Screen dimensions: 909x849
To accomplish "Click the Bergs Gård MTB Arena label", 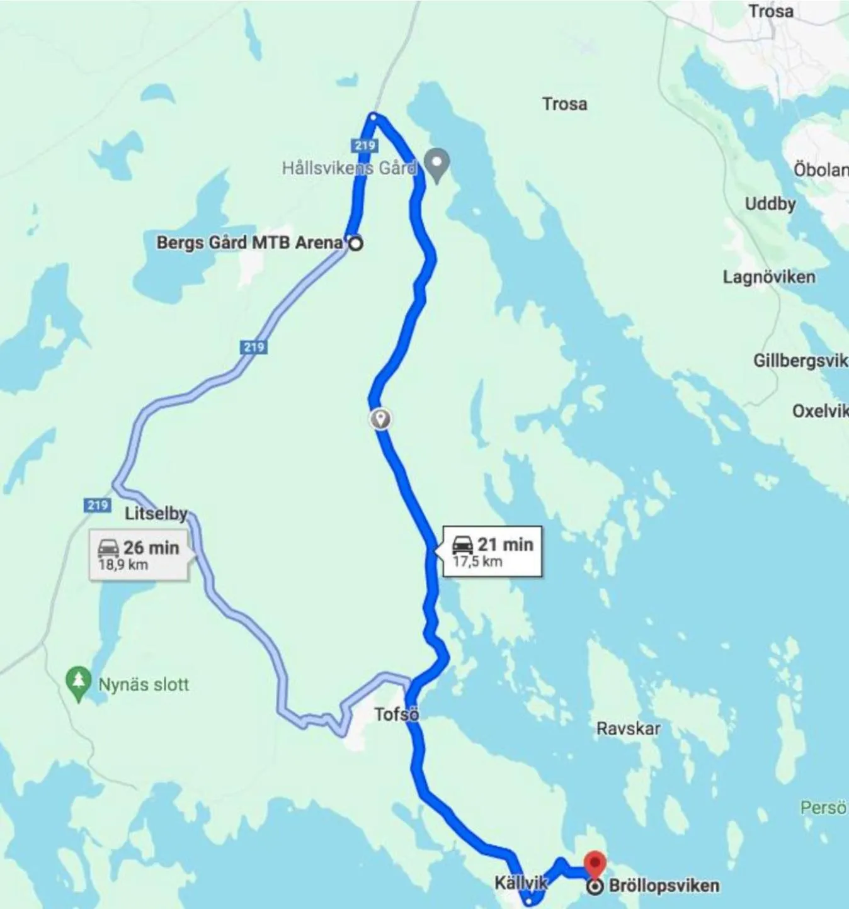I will point(250,242).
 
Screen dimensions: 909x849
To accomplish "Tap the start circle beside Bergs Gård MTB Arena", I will point(355,244).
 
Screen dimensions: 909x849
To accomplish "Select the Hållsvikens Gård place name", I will point(348,168).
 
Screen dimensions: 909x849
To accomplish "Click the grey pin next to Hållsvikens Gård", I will point(436,162).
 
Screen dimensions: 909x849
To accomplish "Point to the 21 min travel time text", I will point(505,544).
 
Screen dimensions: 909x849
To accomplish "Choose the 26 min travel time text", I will point(151,547).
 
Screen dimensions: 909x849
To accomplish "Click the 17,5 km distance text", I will point(477,561).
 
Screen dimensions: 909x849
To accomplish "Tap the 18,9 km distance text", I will point(123,564).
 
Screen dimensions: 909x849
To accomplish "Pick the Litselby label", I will point(156,514).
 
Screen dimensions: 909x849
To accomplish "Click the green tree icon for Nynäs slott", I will point(78,682).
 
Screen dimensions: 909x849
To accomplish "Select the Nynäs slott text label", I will point(144,684).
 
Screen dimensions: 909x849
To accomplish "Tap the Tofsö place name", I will point(397,714).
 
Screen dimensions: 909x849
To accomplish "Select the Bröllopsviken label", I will point(664,886).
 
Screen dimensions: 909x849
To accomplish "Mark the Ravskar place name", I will point(629,729).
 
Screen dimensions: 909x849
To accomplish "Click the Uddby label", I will point(770,204).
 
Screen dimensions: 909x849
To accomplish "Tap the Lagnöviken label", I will point(769,277).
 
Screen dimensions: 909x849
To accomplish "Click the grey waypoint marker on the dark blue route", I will point(380,419).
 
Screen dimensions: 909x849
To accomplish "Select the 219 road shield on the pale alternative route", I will point(253,347).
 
